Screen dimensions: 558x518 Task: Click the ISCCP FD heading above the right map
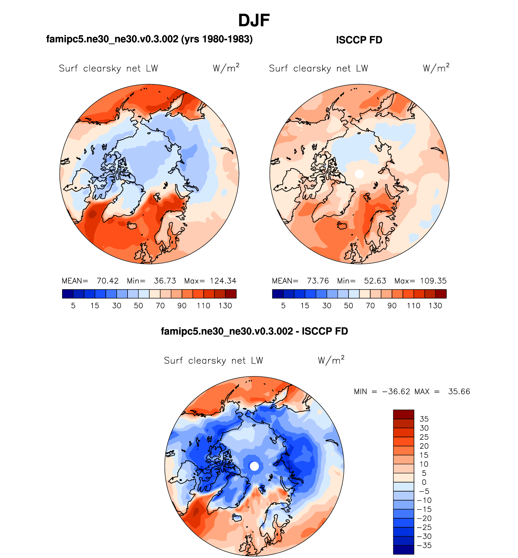[359, 40]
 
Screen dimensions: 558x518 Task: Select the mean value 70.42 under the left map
[108, 281]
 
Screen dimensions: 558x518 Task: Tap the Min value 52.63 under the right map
[375, 281]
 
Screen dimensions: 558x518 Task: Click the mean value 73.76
[318, 281]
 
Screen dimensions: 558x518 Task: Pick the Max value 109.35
[433, 281]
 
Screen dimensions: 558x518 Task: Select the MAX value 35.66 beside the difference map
[459, 392]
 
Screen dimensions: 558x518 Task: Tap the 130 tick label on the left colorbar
[225, 306]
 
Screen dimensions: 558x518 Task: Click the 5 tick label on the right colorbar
[283, 306]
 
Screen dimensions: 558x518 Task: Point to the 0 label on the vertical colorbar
[424, 482]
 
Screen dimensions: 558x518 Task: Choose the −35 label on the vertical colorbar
[424, 545]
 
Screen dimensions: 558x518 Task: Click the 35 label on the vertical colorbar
[424, 419]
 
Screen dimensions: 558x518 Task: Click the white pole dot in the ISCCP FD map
[359, 174]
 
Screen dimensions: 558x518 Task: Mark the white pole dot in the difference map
[254, 466]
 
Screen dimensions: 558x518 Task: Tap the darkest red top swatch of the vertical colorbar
[403, 414]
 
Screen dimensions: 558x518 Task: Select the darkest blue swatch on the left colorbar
[68, 294]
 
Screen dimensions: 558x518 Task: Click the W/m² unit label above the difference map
[331, 360]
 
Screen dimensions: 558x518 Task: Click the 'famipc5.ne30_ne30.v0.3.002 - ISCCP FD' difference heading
[254, 331]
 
